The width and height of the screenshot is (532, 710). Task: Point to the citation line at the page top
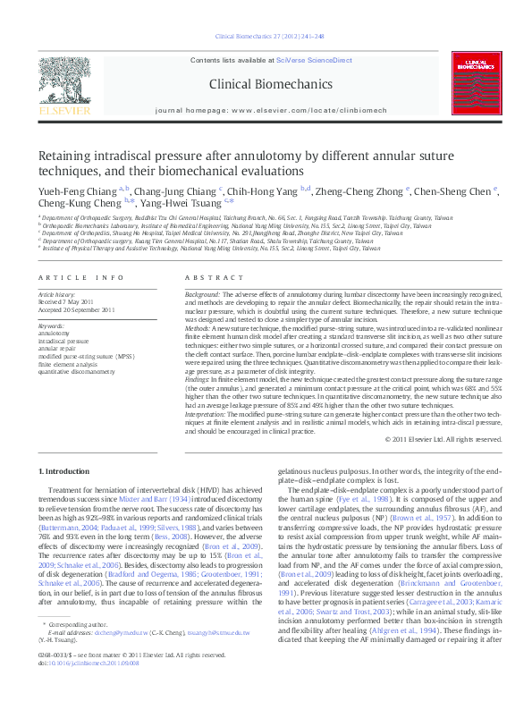coord(266,37)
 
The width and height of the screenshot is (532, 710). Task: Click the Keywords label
coord(52,325)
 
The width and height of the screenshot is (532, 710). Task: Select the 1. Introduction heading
coord(67,471)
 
